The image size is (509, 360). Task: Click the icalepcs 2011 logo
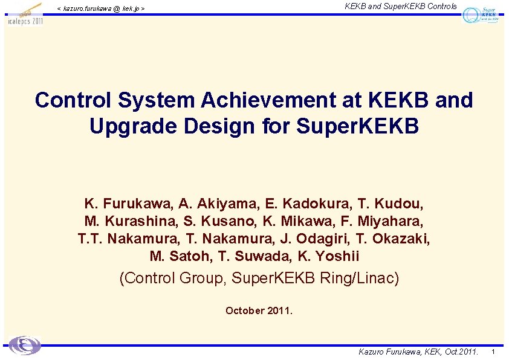[x=25, y=13]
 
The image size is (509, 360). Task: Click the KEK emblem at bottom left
[x=25, y=345]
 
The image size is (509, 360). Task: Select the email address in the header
[x=100, y=8]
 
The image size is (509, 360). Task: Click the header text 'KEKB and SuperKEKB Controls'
[x=401, y=7]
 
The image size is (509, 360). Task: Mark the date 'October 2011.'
[x=259, y=310]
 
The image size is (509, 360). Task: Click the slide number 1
[x=493, y=352]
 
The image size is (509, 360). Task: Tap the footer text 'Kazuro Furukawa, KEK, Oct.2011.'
[x=418, y=352]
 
